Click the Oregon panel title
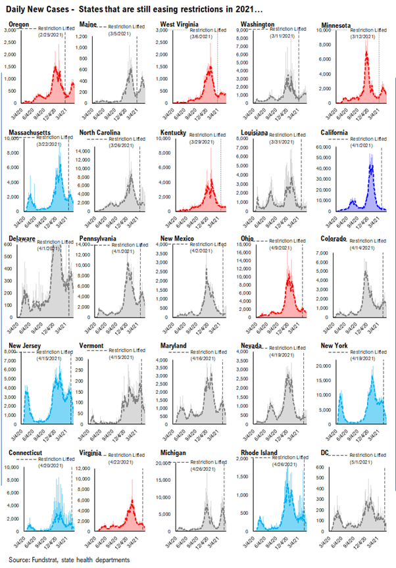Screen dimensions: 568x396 click(19, 24)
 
